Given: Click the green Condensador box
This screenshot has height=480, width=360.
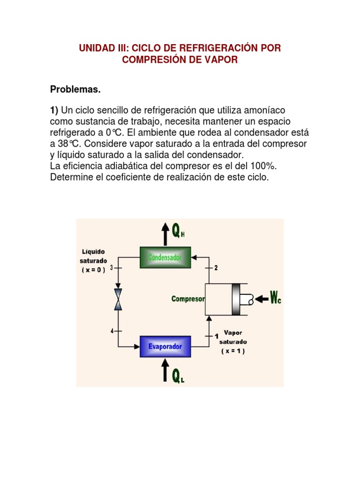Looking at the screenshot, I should click(165, 257).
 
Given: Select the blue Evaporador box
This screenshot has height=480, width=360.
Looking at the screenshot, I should click(165, 346).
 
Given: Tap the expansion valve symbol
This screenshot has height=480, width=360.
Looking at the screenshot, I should click(119, 299).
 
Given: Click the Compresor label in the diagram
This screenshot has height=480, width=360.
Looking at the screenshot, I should click(187, 299).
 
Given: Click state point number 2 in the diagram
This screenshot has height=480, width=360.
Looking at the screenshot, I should click(216, 268).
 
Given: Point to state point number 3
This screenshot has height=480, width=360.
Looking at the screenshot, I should click(112, 268).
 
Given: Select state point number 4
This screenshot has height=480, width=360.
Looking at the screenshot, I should click(112, 331).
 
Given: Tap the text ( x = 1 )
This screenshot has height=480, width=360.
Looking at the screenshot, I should click(233, 351).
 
